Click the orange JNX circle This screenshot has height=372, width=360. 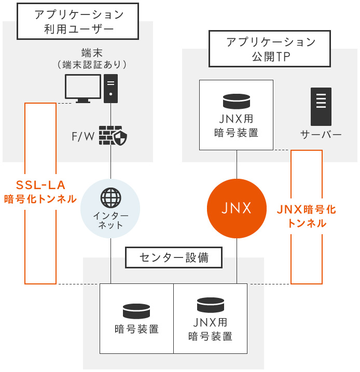(237, 208)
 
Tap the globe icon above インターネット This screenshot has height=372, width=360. (110, 197)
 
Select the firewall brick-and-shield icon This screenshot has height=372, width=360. (113, 135)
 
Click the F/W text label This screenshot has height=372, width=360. (83, 136)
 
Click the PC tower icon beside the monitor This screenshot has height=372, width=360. (110, 89)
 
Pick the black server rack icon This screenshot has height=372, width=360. (321, 107)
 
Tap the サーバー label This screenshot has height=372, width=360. (321, 135)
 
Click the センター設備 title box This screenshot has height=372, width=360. (174, 257)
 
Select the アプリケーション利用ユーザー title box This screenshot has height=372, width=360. (78, 21)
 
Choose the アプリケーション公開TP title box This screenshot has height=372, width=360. (270, 49)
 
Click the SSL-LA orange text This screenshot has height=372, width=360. (40, 185)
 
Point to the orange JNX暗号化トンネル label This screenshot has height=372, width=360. (307, 216)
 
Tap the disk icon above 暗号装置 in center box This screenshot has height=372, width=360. (136, 311)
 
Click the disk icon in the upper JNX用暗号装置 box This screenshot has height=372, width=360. (237, 102)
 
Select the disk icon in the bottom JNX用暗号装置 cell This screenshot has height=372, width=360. (211, 305)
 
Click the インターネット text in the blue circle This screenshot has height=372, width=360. (110, 220)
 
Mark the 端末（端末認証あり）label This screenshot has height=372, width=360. (92, 59)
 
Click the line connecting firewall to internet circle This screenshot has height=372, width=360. (110, 162)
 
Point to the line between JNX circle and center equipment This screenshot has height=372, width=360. (237, 261)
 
